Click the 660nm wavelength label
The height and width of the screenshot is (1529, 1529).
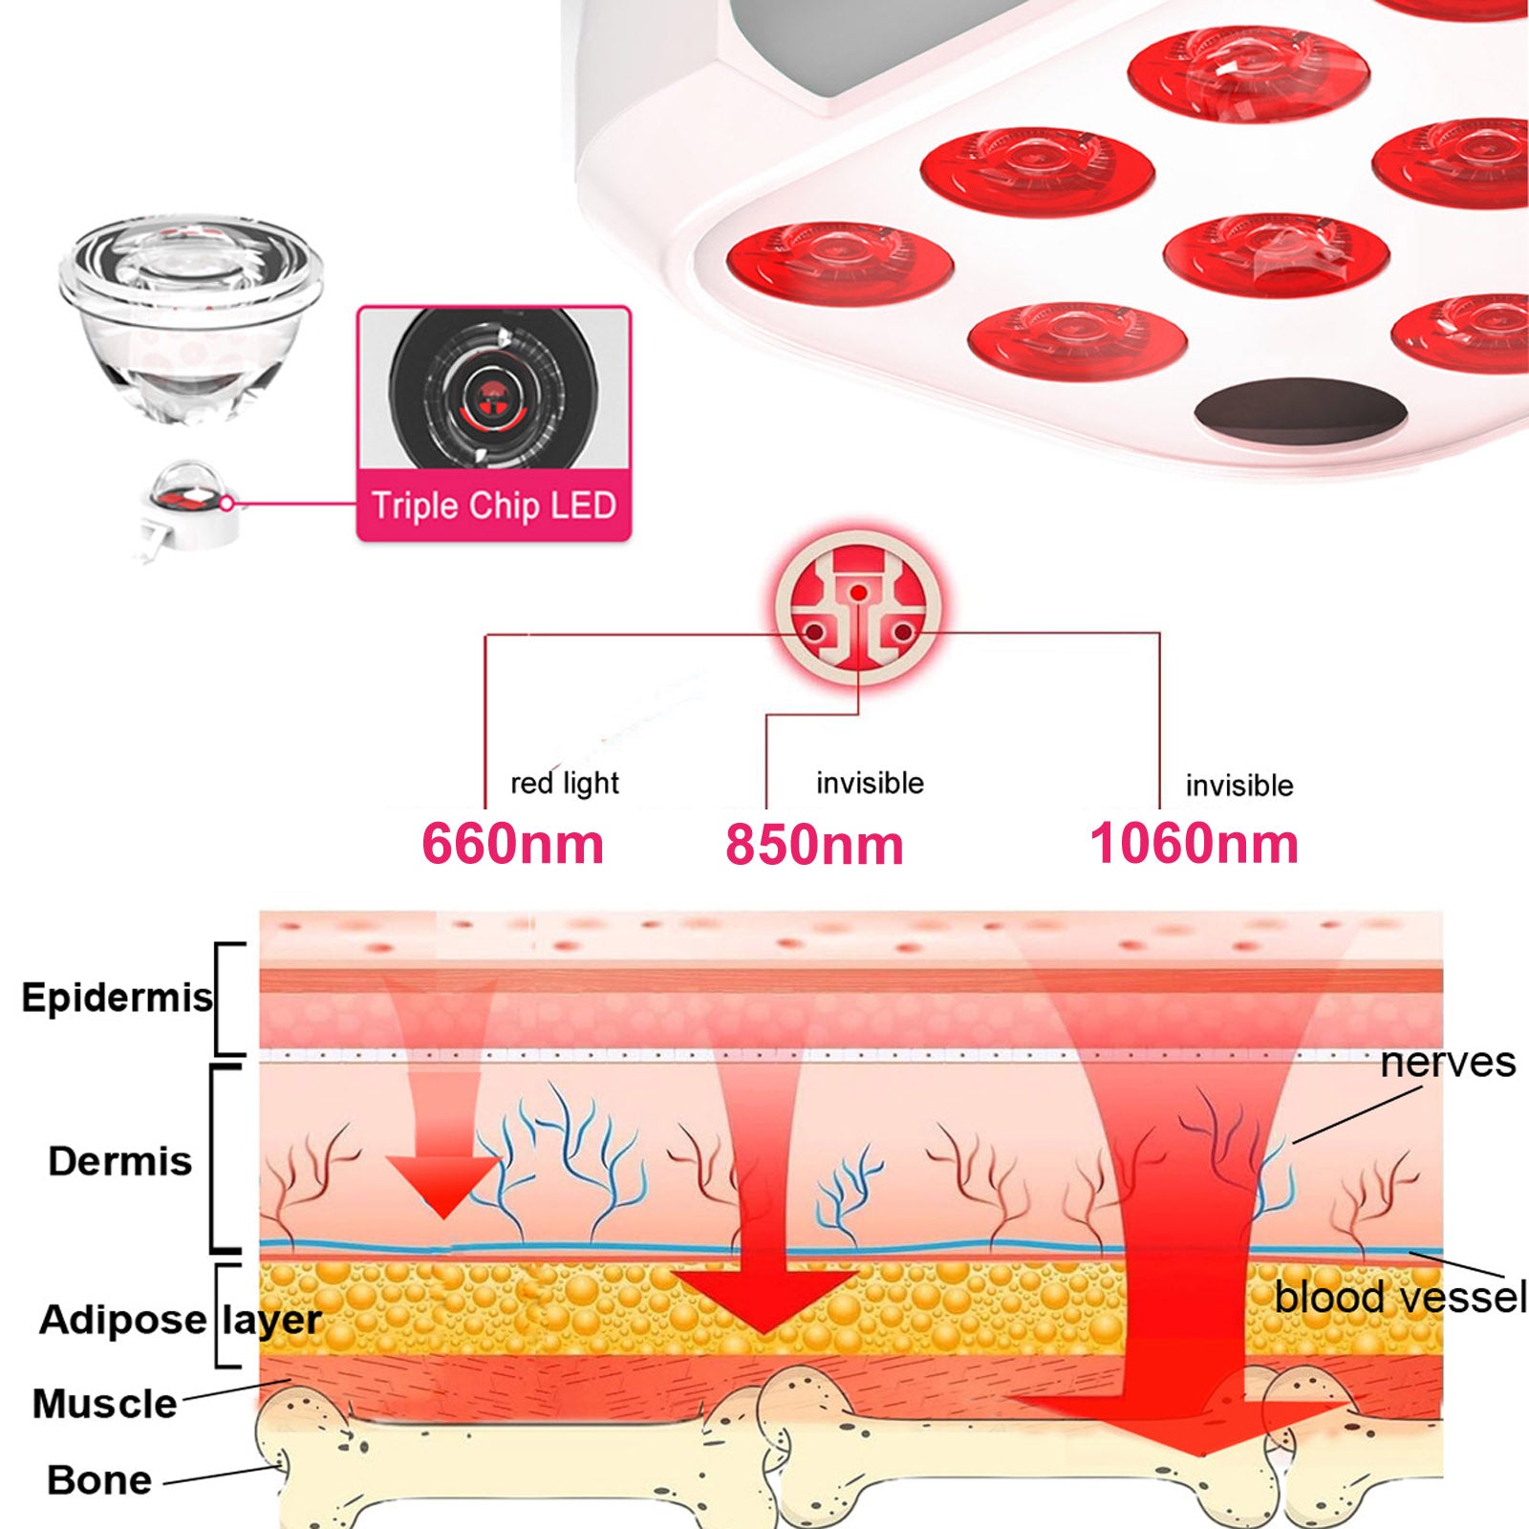click(x=513, y=844)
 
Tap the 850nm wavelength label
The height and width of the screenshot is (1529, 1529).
click(x=814, y=845)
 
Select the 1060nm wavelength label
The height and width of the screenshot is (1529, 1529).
click(x=1194, y=844)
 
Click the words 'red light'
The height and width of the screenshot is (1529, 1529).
click(x=564, y=784)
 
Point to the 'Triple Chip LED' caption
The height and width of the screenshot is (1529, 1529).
click(x=493, y=506)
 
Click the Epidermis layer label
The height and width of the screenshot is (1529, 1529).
click(x=117, y=998)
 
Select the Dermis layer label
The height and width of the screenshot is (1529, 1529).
click(x=119, y=1161)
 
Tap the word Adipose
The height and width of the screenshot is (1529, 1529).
click(x=122, y=1320)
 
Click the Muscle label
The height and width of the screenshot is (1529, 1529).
click(x=104, y=1404)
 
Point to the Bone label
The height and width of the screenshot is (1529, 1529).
click(x=99, y=1480)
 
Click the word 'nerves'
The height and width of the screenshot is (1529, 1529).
click(x=1447, y=1063)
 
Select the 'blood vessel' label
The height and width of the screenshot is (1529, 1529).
click(x=1400, y=1298)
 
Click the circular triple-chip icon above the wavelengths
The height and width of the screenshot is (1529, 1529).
click(x=858, y=608)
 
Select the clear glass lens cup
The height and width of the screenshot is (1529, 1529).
click(x=191, y=315)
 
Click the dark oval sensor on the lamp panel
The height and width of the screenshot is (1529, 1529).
click(x=1300, y=413)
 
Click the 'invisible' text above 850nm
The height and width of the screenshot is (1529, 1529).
click(x=870, y=784)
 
